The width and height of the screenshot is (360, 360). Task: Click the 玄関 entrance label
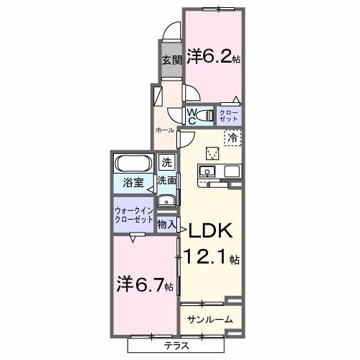pos(169,60)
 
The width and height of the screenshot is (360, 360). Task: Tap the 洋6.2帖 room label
pos(214,56)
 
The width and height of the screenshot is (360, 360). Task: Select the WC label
pos(192,115)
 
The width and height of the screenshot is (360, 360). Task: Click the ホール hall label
pos(166,130)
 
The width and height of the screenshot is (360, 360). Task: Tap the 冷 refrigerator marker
pos(233,136)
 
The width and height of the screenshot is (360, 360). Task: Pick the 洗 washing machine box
pos(167,163)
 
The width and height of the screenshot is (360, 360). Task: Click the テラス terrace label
pos(176,345)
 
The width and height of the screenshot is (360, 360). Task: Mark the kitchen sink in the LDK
pos(206,171)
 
